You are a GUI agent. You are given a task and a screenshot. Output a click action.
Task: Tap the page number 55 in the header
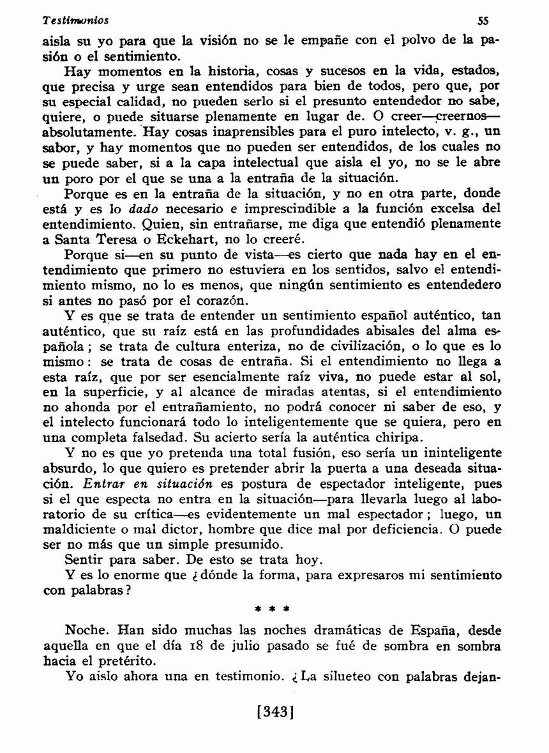click(x=483, y=20)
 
